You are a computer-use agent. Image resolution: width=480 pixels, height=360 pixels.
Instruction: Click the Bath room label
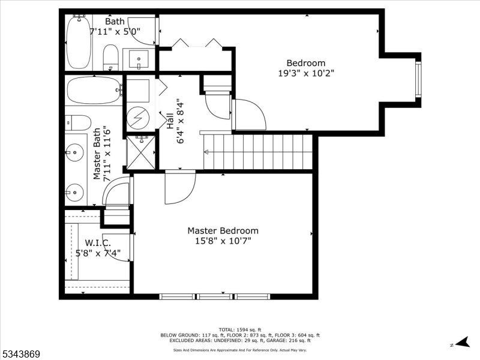click(115, 22)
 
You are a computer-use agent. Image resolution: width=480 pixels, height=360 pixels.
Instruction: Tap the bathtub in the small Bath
click(79, 42)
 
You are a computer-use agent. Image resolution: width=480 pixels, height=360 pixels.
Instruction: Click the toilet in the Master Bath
click(77, 122)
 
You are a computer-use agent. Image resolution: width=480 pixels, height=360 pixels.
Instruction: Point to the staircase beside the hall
click(259, 152)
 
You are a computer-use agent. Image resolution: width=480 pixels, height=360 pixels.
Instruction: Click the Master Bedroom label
click(223, 230)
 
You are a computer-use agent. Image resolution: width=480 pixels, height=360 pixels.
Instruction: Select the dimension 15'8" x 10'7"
click(223, 241)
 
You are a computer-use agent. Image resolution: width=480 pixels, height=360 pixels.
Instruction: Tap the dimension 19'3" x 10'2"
click(306, 73)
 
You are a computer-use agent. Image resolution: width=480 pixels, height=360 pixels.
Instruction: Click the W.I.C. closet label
click(98, 243)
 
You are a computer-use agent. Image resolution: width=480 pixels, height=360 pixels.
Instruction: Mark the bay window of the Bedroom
click(418, 79)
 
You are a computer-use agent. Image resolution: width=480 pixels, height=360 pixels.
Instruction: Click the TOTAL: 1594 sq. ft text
click(239, 329)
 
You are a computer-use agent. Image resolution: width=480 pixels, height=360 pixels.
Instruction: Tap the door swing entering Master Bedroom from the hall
click(179, 187)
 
